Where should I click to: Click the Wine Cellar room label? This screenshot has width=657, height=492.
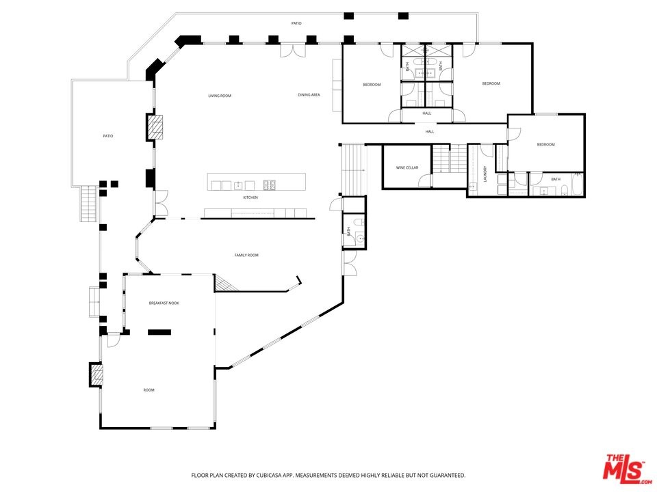click(x=407, y=168)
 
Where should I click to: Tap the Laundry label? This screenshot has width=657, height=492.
click(x=485, y=174)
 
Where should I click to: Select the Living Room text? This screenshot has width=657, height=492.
click(x=220, y=96)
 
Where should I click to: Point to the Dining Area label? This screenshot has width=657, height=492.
click(x=309, y=95)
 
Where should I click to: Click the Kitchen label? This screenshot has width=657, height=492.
click(x=250, y=197)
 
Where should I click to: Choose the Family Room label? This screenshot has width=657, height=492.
click(x=246, y=255)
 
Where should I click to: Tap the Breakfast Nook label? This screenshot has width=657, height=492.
click(x=164, y=303)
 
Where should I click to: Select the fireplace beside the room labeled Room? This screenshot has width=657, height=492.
click(x=96, y=374)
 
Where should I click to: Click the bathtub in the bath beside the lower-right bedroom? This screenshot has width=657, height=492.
click(x=578, y=184)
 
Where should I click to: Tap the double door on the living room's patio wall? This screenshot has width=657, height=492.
click(x=294, y=50)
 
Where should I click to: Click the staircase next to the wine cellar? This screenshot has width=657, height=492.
click(x=450, y=159)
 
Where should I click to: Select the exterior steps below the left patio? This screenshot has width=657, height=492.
click(x=89, y=204)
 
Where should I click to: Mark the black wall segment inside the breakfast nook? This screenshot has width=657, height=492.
click(x=159, y=332)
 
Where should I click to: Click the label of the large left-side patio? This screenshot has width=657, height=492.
click(x=108, y=136)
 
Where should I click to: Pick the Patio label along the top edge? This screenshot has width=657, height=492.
click(x=296, y=23)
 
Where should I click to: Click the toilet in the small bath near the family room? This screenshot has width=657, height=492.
click(x=359, y=221)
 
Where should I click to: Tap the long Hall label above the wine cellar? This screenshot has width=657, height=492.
click(x=430, y=132)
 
